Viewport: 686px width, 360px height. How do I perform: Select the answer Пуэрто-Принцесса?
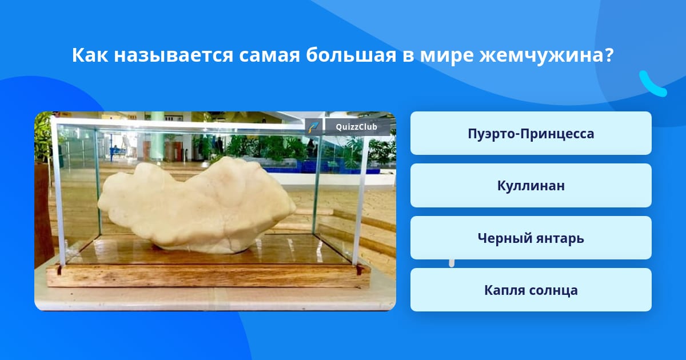[531, 133]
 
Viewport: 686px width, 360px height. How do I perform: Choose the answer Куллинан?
[531, 186]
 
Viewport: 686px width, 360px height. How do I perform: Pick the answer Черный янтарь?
[531, 238]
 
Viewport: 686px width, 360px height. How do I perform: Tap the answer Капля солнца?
[531, 290]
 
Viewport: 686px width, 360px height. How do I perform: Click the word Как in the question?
[90, 55]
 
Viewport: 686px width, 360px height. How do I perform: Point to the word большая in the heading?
[351, 55]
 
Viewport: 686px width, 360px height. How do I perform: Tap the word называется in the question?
[174, 55]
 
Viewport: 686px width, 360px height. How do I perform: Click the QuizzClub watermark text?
[356, 127]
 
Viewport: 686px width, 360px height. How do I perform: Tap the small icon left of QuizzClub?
[314, 127]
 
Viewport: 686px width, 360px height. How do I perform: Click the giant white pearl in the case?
[196, 205]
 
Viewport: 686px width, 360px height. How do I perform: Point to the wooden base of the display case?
[208, 275]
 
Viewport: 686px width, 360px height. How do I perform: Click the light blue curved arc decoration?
[652, 84]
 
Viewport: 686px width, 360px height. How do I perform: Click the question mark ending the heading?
[608, 55]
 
